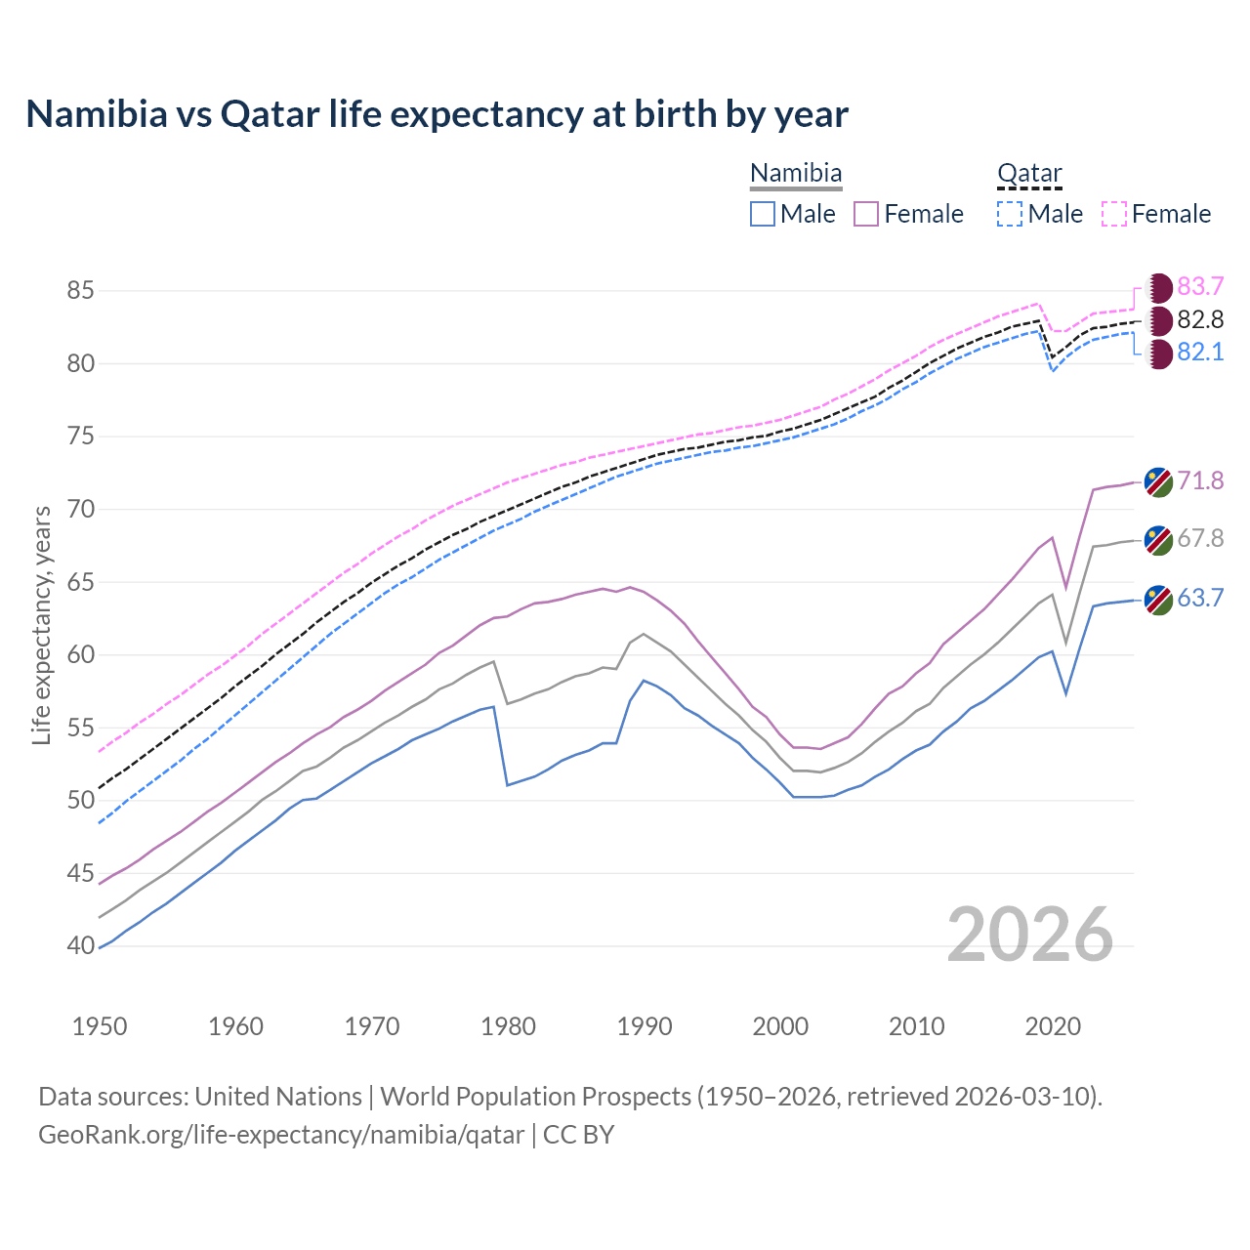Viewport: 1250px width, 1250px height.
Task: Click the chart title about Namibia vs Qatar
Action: (x=437, y=114)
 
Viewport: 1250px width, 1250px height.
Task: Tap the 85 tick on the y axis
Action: (x=80, y=290)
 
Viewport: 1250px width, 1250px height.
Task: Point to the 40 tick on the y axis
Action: (x=80, y=945)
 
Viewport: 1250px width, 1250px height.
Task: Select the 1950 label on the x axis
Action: (x=100, y=1026)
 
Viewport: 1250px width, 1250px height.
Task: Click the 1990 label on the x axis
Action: (x=645, y=1026)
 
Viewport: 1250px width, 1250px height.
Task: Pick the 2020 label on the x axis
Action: (x=1053, y=1026)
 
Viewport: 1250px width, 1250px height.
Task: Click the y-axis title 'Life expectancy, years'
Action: (x=41, y=625)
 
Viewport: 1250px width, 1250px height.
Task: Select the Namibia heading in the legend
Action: (x=796, y=174)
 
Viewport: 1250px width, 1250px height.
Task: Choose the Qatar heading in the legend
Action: (x=1029, y=174)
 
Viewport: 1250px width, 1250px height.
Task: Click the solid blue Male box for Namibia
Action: (x=763, y=214)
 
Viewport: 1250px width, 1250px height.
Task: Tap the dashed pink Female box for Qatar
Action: (x=1114, y=214)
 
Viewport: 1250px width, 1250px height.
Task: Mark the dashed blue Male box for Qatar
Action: (x=1010, y=214)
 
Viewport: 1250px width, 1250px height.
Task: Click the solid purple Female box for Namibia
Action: (x=866, y=214)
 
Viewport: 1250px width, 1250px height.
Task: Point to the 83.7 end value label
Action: (x=1200, y=286)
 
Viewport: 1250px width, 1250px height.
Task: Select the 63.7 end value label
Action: (x=1200, y=598)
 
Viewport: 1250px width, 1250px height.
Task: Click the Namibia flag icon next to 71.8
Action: (x=1158, y=481)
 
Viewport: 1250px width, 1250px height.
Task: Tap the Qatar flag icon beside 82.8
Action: (x=1158, y=320)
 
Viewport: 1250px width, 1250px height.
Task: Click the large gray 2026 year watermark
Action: (x=1030, y=935)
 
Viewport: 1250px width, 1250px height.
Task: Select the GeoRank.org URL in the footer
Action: (x=281, y=1135)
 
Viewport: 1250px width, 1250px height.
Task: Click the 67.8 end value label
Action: (x=1200, y=538)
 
